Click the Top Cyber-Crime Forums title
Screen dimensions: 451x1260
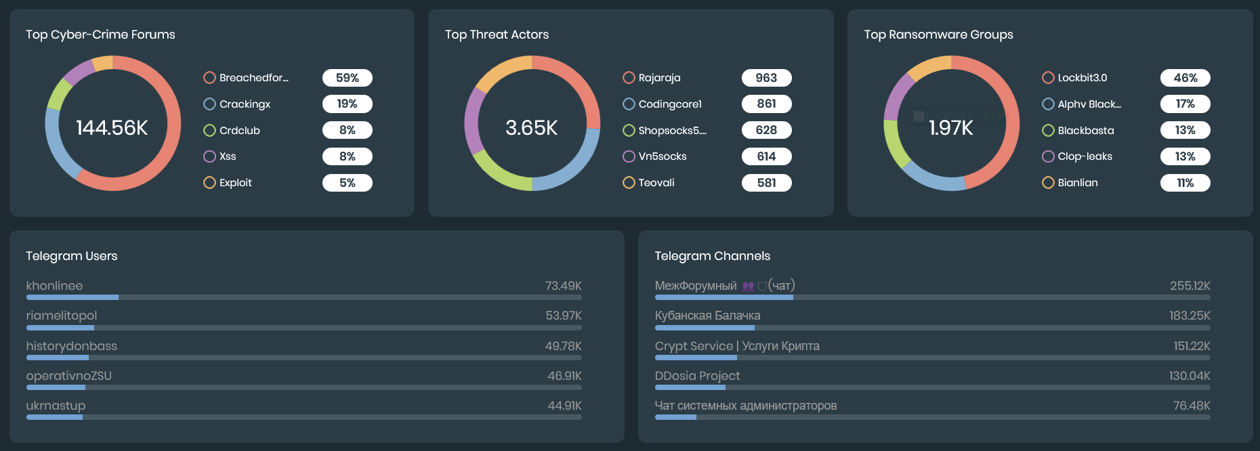[100, 35]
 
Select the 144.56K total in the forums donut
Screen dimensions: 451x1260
[112, 127]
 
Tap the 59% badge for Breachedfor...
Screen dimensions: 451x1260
[347, 78]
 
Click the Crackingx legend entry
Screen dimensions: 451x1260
[245, 104]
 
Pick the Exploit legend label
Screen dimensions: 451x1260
[235, 183]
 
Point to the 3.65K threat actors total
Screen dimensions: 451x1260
[532, 127]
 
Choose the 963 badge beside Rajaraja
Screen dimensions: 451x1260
[766, 78]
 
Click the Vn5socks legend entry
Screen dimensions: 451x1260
[662, 156]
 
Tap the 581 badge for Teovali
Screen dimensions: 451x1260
[766, 183]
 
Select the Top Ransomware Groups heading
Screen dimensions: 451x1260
[938, 35]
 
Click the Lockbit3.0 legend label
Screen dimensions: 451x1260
[1082, 78]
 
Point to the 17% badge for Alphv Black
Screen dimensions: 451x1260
[1185, 104]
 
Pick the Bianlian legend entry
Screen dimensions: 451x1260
[1077, 183]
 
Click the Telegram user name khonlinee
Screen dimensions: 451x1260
[54, 286]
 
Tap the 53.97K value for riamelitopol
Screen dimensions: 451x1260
[563, 316]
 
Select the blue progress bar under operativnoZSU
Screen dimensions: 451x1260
[56, 387]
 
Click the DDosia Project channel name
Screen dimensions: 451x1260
[697, 376]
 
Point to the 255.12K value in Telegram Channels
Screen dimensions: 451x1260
[1190, 286]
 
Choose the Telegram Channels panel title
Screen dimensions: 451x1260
[712, 256]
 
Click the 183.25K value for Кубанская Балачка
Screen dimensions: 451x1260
[1190, 316]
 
